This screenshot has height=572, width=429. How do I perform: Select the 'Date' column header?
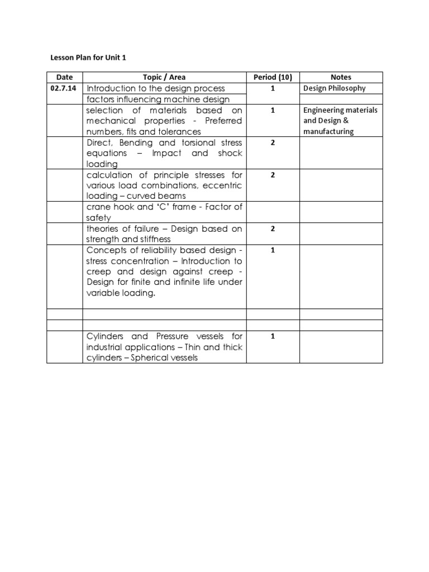click(x=64, y=77)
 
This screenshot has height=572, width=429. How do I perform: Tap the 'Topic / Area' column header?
click(x=165, y=77)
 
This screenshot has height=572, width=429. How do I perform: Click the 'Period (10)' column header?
click(x=273, y=77)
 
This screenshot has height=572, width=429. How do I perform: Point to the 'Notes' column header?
click(x=341, y=77)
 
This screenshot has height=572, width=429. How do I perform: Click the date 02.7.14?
click(x=64, y=89)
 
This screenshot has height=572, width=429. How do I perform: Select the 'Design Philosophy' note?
click(x=334, y=88)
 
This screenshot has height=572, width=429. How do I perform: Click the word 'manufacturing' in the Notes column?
click(x=328, y=132)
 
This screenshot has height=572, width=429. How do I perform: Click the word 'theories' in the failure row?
click(x=104, y=228)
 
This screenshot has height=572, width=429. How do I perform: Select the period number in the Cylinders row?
click(x=273, y=336)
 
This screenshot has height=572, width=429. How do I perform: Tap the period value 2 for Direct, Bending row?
click(x=273, y=143)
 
